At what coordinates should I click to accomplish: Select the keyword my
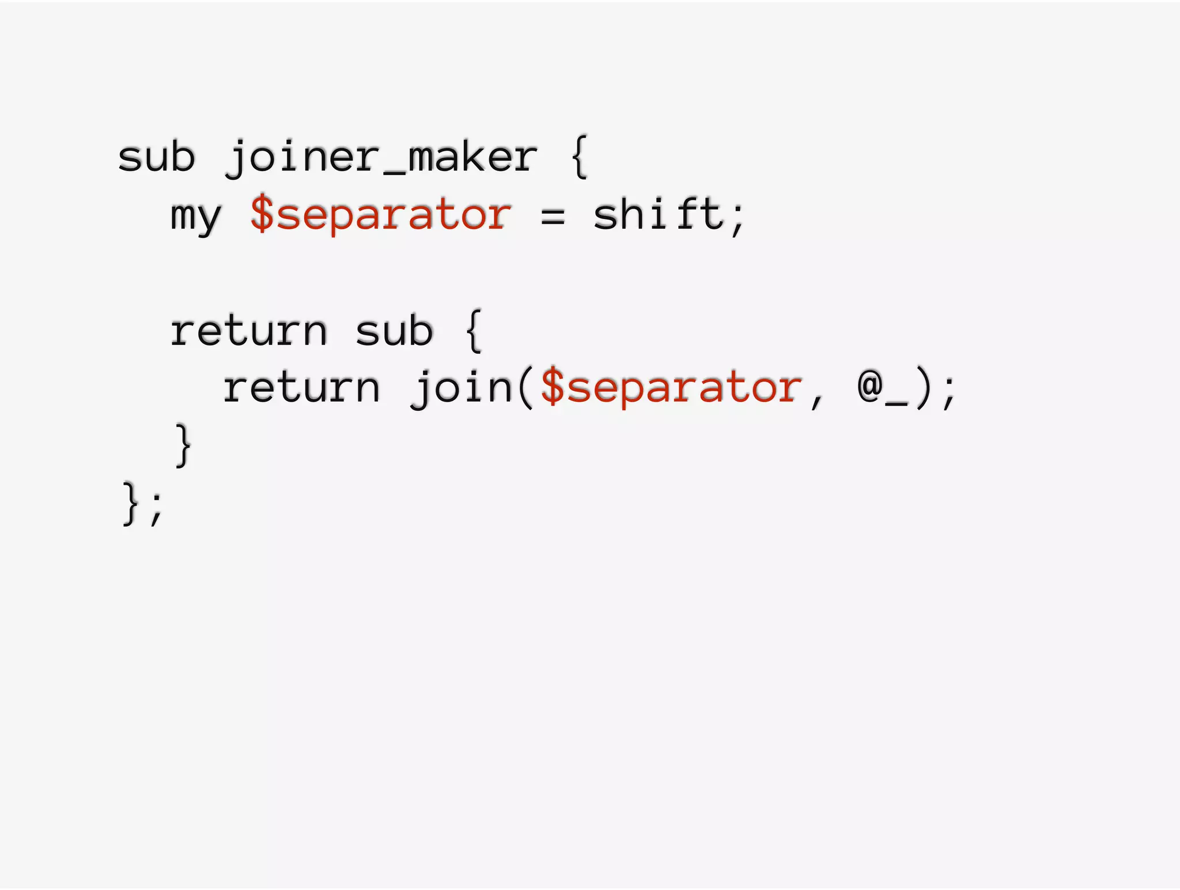196,216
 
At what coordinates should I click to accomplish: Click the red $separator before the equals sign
381,214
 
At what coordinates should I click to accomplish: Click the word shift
657,214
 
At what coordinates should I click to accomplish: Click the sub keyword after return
394,331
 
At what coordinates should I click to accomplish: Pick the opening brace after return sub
473,331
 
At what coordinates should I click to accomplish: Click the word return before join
301,388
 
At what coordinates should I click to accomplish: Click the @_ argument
882,389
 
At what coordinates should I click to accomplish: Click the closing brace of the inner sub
183,445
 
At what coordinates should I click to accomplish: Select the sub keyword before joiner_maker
157,157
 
